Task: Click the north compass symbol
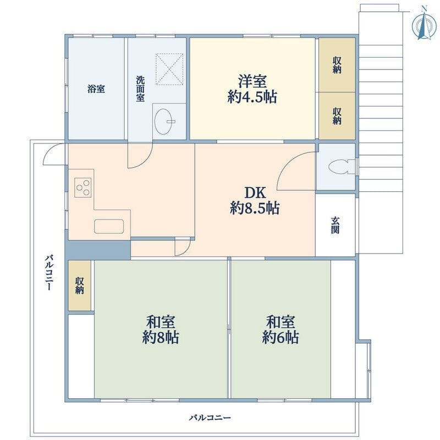tap(424, 24)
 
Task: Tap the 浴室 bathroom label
tap(96, 89)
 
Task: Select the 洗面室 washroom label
tap(140, 89)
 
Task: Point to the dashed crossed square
tap(169, 69)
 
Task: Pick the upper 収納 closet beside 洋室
tap(337, 65)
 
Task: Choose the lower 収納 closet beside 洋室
tap(337, 116)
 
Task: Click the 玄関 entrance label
tap(335, 226)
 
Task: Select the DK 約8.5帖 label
tap(255, 200)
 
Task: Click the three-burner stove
tap(83, 188)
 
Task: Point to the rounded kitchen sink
tap(109, 226)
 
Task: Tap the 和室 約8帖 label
tap(161, 329)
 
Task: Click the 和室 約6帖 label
tap(280, 329)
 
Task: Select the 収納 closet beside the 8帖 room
tap(80, 285)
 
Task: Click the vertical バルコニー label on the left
tap(50, 272)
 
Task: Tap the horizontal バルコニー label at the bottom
tap(210, 418)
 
